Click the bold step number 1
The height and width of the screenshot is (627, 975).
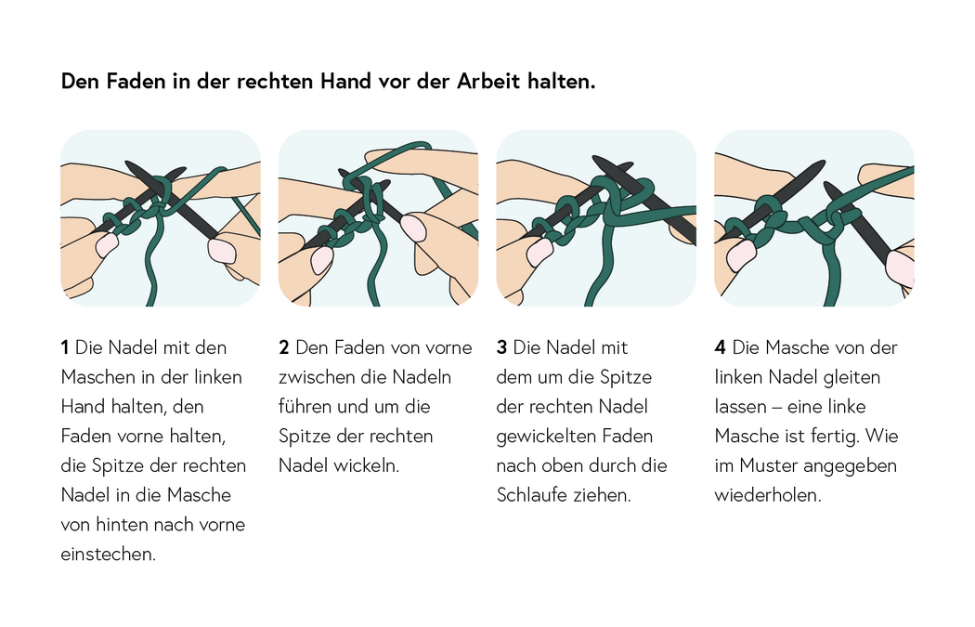[64, 347]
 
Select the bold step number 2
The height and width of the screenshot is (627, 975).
[284, 347]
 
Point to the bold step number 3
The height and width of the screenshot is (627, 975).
[501, 347]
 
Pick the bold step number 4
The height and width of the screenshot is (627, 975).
[720, 347]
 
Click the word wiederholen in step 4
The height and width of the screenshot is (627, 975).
[767, 495]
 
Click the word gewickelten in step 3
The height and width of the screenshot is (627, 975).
[543, 436]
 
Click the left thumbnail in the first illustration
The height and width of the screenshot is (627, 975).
[107, 245]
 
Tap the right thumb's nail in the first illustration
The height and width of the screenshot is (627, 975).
[222, 251]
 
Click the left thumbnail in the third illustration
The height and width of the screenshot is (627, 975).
[539, 253]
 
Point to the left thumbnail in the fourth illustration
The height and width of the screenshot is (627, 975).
[741, 255]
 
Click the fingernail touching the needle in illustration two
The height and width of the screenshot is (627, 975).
[413, 229]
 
